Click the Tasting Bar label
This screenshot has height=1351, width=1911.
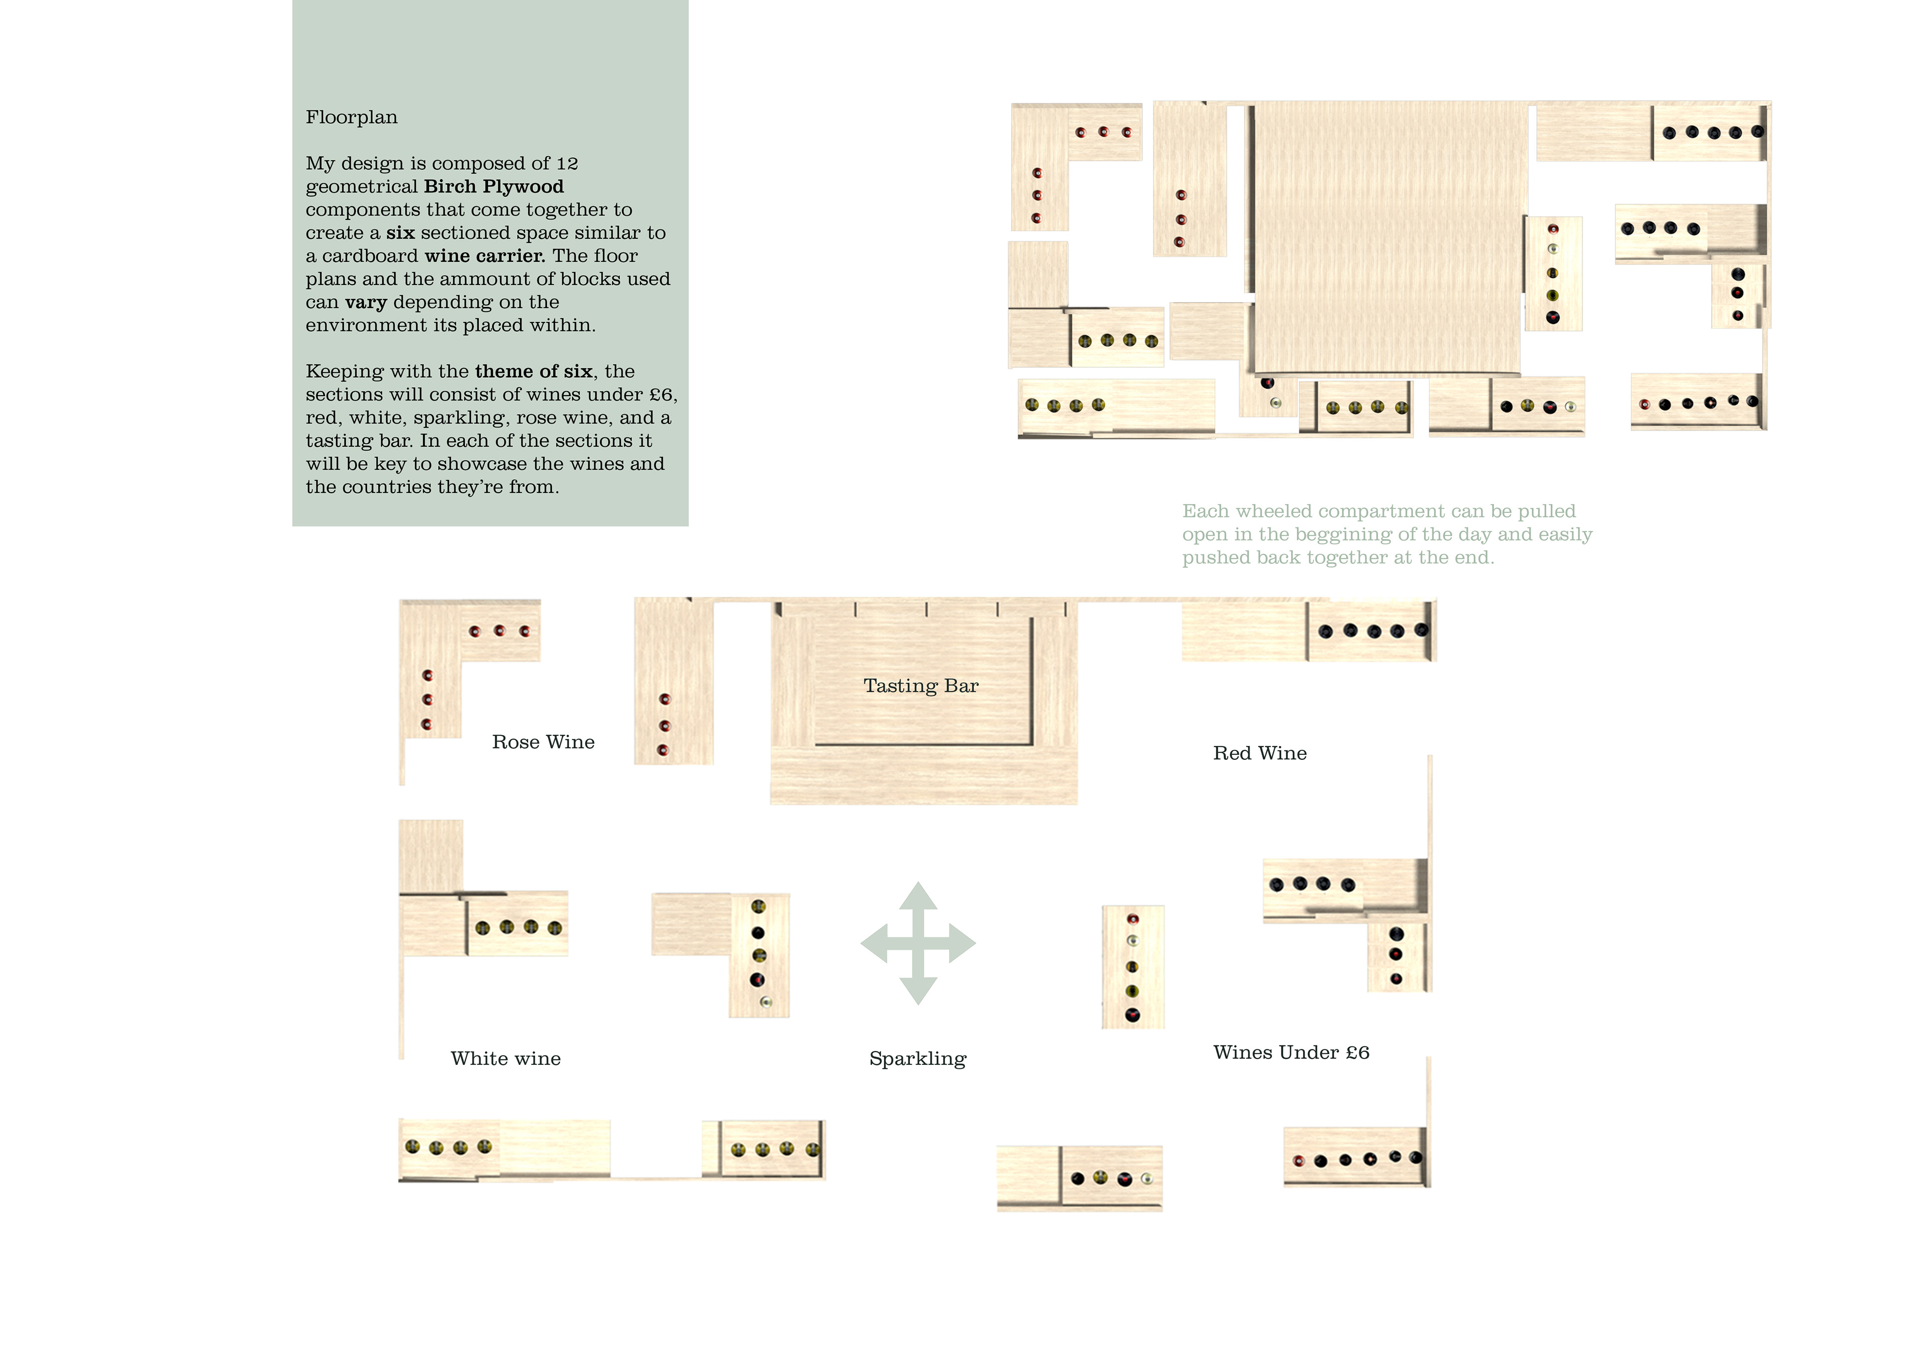[921, 686]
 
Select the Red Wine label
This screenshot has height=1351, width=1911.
[1259, 753]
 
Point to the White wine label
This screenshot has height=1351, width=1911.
[505, 1059]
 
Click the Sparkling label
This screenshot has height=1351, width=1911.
[917, 1059]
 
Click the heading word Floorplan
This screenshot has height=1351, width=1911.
[351, 117]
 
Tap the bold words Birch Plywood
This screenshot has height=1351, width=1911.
[494, 187]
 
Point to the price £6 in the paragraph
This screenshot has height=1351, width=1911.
[661, 395]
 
